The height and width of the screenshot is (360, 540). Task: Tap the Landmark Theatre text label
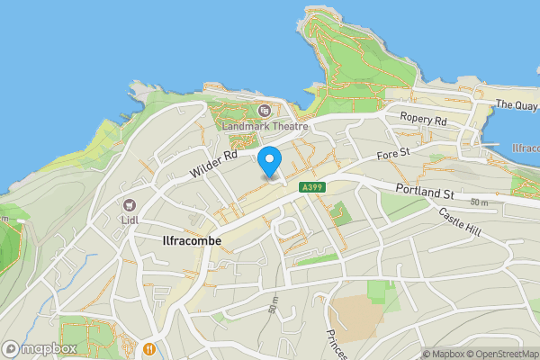tap(265, 126)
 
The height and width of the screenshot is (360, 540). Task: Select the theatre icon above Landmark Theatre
tap(265, 111)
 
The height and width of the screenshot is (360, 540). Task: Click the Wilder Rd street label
tap(213, 163)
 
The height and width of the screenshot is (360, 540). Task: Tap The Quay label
tap(516, 105)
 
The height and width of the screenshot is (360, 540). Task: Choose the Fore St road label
tap(393, 156)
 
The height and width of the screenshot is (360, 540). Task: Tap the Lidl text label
tap(130, 221)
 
